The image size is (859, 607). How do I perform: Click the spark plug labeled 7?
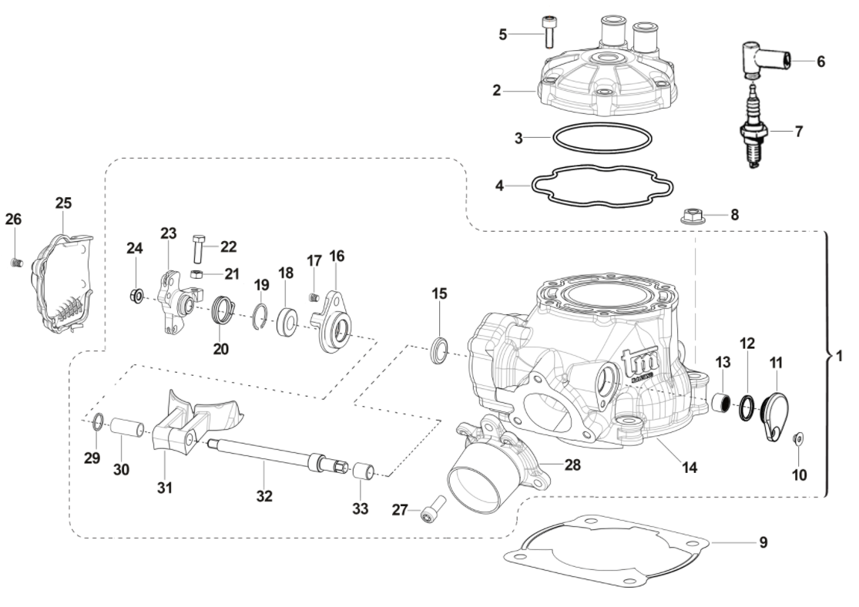[x=752, y=135]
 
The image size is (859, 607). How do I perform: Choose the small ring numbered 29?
[x=96, y=421]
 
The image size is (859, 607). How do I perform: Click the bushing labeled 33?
[x=364, y=471]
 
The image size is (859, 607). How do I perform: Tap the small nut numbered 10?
[x=798, y=438]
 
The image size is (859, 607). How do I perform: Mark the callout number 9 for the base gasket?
[x=763, y=542]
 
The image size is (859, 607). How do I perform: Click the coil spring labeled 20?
[x=222, y=311]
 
